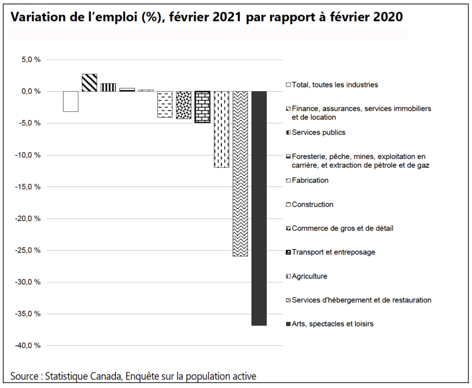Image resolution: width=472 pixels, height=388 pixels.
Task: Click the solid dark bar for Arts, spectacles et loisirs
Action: click(x=259, y=208)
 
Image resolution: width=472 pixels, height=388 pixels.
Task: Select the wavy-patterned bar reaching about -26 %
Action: click(x=240, y=174)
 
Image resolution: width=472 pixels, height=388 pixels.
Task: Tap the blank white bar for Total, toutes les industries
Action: click(x=71, y=101)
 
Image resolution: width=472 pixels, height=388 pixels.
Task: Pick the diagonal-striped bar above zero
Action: click(x=90, y=83)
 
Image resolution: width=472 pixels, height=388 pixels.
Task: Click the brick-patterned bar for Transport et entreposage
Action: click(x=203, y=107)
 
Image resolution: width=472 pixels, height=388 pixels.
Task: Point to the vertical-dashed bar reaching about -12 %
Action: click(x=221, y=130)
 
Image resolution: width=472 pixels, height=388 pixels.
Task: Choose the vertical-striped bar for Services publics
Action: click(x=108, y=87)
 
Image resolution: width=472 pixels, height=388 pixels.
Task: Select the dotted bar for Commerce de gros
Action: click(x=183, y=105)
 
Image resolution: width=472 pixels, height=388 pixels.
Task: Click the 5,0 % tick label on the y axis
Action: click(x=31, y=60)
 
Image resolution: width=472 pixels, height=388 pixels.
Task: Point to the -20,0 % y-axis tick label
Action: click(x=28, y=219)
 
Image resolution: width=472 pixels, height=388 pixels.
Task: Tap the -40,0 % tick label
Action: click(x=28, y=345)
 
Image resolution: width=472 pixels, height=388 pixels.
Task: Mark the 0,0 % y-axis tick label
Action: click(x=31, y=92)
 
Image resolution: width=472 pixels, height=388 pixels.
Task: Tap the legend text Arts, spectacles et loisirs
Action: click(x=333, y=324)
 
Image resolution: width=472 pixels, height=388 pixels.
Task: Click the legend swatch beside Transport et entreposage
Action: click(x=289, y=252)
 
